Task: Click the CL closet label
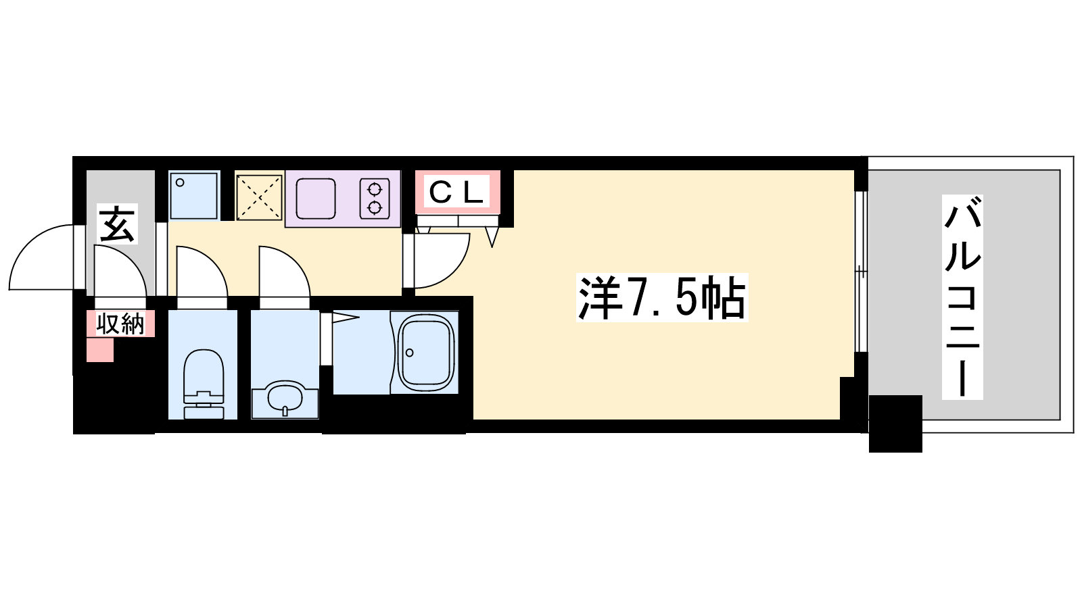pyautogui.click(x=458, y=193)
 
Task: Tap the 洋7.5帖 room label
pyautogui.click(x=661, y=298)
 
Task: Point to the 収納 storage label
pyautogui.click(x=120, y=324)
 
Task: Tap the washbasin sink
pyautogui.click(x=285, y=399)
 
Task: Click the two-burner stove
pyautogui.click(x=375, y=197)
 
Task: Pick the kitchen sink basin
pyautogui.click(x=316, y=197)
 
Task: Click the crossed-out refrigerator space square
pyautogui.click(x=259, y=197)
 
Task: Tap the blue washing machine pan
pyautogui.click(x=194, y=195)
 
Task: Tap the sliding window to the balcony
pyautogui.click(x=860, y=272)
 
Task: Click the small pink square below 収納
pyautogui.click(x=100, y=350)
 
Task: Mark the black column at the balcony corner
pyautogui.click(x=895, y=424)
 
